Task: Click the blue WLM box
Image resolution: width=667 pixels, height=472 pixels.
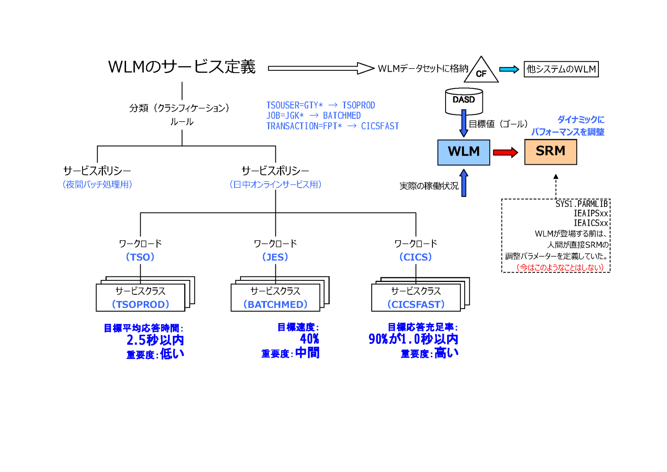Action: [x=463, y=152]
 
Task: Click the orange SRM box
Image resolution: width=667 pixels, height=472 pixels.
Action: [x=550, y=152]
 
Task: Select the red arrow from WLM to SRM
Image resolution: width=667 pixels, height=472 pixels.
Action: [x=505, y=152]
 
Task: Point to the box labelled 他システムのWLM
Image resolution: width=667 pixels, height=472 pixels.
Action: [x=561, y=69]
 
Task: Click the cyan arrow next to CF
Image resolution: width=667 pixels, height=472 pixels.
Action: [x=509, y=70]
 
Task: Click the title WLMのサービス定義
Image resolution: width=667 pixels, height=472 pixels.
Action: [x=182, y=67]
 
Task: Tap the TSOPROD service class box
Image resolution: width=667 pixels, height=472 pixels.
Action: [x=140, y=298]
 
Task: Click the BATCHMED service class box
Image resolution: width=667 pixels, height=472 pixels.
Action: [x=275, y=298]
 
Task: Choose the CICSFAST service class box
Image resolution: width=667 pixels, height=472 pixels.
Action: [x=416, y=298]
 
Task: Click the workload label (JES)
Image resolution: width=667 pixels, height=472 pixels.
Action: [x=275, y=257]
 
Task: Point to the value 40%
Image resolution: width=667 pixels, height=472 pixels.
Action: [x=309, y=339]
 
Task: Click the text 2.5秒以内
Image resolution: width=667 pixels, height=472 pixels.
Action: [x=155, y=340]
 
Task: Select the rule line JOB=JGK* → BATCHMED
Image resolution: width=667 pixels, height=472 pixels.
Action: [x=313, y=116]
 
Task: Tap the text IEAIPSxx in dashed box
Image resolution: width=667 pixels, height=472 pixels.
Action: [x=591, y=213]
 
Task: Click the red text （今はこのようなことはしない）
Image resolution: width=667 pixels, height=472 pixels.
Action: [x=560, y=267]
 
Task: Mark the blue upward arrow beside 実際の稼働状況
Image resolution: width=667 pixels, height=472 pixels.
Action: [x=464, y=183]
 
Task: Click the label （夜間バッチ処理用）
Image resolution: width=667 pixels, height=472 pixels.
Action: [x=97, y=184]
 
